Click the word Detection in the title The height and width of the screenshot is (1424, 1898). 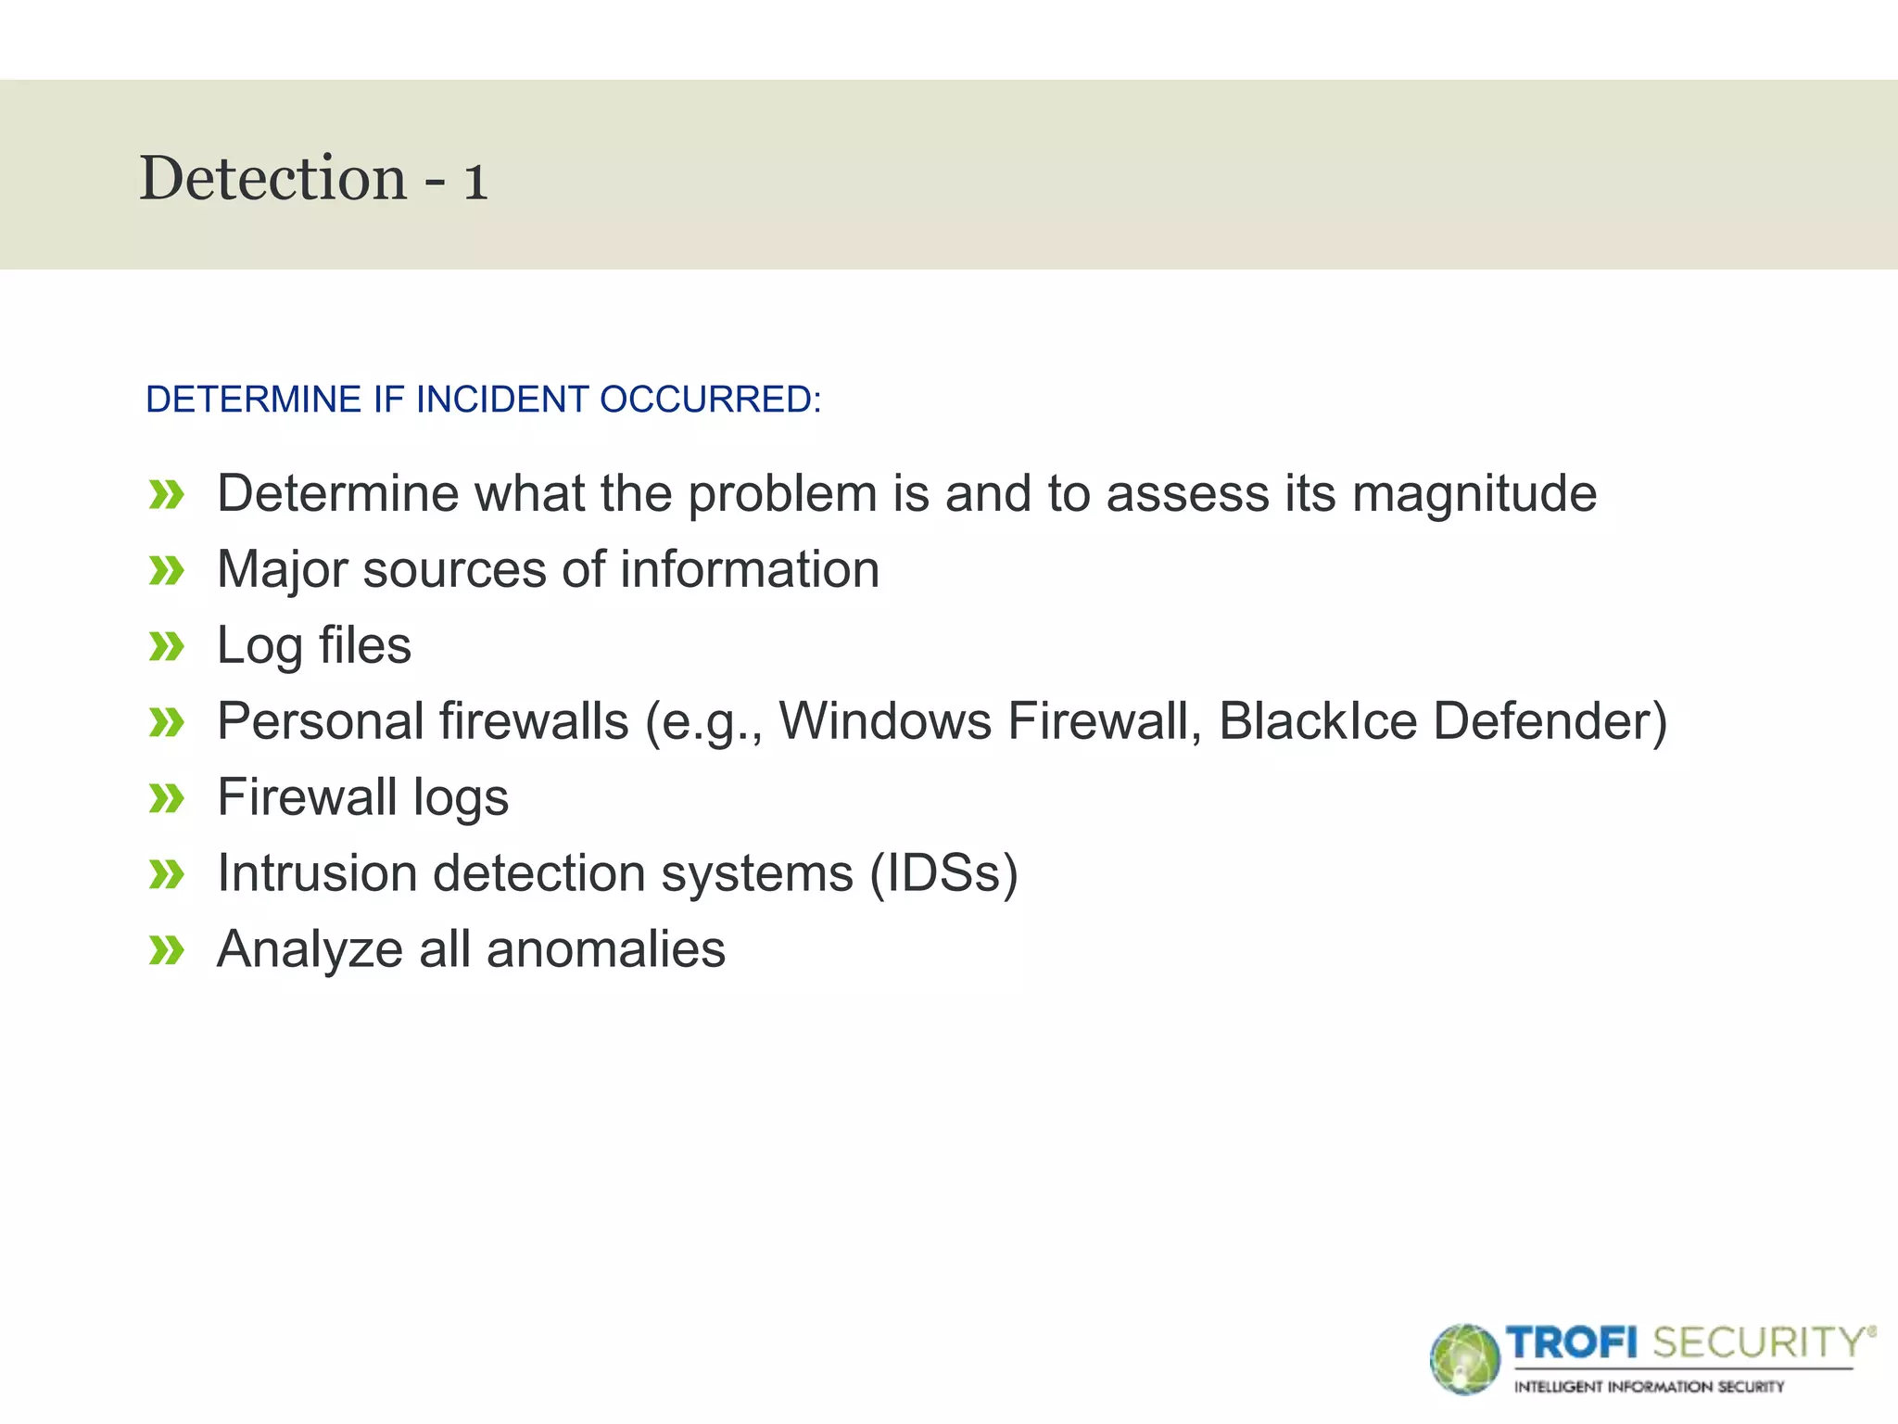272,178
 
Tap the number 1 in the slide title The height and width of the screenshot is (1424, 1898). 474,181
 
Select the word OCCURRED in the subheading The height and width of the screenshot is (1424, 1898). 709,400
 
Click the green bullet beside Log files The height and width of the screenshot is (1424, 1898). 167,646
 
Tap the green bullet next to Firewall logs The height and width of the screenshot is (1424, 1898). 167,798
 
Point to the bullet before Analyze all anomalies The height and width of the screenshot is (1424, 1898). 167,950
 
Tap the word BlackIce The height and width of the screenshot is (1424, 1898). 1317,721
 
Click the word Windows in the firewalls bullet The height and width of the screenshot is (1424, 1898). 884,721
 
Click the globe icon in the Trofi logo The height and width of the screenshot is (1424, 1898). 1464,1359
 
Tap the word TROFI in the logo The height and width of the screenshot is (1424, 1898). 1572,1342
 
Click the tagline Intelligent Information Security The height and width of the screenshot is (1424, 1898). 1649,1387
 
